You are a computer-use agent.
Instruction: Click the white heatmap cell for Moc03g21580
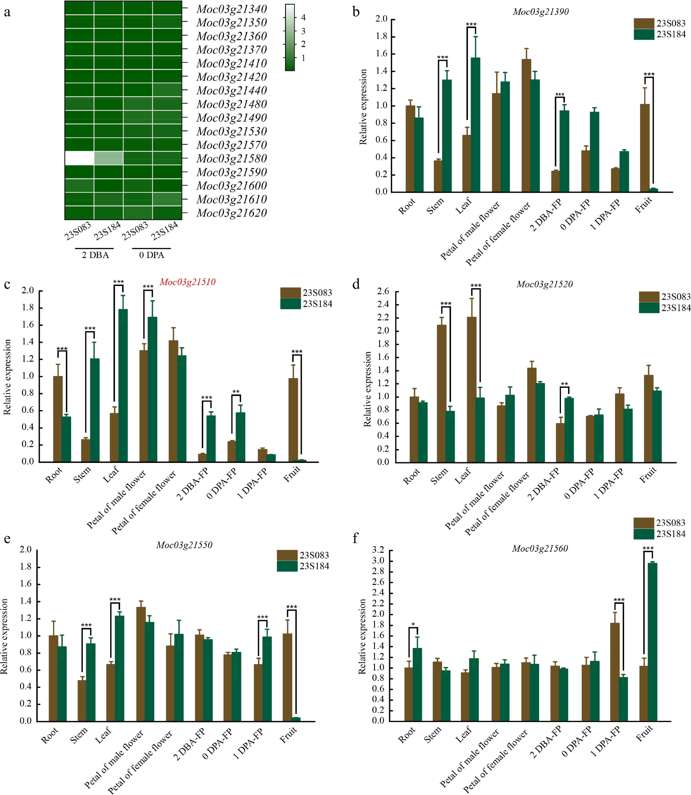pos(80,158)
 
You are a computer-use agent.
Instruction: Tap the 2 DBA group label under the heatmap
pos(95,255)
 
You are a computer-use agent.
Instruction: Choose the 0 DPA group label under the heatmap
pos(152,255)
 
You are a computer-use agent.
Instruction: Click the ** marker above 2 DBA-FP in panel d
pos(564,384)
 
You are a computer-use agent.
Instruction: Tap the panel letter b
pos(356,12)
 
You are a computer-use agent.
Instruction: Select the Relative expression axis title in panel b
pos(363,107)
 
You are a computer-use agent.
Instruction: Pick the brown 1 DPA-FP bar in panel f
pos(615,672)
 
